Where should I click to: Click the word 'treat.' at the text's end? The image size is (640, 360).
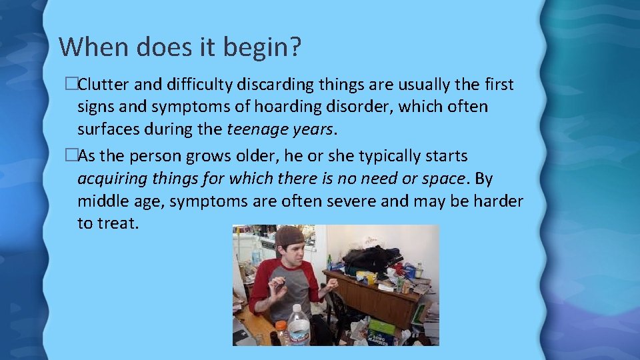point(119,223)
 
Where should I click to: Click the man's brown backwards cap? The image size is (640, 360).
point(288,236)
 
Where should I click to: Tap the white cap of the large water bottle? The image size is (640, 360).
point(297,309)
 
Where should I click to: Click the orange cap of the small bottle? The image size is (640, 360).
point(281,325)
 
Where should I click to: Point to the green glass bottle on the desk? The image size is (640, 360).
point(329,262)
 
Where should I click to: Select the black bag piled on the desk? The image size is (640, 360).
point(371,258)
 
